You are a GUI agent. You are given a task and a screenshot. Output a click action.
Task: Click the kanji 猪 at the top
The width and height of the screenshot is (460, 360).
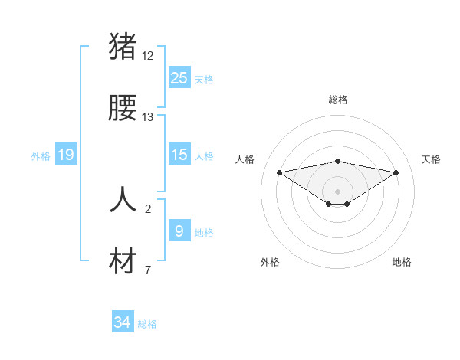point(123,47)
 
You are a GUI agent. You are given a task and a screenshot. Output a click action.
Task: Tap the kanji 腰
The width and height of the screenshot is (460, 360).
point(123,109)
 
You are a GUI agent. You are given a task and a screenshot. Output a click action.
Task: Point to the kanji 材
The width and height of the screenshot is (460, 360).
point(123,261)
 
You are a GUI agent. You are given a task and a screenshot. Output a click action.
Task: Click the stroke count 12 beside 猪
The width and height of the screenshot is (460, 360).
point(148,56)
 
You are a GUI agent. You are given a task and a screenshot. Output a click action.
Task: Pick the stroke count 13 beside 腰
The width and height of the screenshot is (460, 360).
point(148,117)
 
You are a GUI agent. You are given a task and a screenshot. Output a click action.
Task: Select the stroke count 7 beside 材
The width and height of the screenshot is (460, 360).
point(148,270)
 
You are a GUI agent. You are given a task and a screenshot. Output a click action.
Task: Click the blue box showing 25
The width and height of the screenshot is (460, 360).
point(179,78)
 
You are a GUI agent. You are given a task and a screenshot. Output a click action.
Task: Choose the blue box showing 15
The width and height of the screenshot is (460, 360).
point(179,155)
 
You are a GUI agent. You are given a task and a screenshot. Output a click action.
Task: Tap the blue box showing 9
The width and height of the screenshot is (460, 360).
point(179,231)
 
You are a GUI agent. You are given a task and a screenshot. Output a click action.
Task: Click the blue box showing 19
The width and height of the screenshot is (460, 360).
point(66,155)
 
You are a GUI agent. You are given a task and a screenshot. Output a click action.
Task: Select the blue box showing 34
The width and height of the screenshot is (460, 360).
point(123,323)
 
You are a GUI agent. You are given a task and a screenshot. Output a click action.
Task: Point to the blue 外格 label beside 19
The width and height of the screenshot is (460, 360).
point(41,156)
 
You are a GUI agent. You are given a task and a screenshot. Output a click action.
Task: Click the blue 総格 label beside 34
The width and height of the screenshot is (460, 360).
point(147,324)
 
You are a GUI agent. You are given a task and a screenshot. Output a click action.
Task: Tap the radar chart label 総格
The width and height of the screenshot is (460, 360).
point(337,100)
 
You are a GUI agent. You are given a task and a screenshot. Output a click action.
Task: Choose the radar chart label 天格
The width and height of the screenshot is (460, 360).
point(431,159)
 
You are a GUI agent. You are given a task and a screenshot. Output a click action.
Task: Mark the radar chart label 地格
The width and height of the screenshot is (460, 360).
point(402,262)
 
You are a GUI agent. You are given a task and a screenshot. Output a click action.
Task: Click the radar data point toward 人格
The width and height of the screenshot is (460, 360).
point(279,172)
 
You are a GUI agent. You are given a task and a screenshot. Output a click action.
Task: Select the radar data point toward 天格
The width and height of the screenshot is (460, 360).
point(396,172)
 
